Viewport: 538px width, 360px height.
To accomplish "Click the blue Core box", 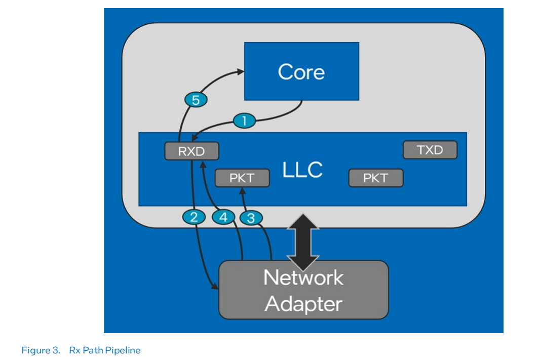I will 301,71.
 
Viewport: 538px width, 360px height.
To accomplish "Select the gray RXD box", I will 191,151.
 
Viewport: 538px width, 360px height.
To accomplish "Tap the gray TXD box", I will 430,150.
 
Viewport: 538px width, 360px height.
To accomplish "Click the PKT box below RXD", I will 242,178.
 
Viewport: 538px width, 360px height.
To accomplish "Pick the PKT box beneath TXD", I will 375,178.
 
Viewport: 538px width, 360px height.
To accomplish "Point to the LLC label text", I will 303,170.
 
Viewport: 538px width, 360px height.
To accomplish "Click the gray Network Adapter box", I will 303,290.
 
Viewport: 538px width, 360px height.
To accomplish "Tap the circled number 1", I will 245,121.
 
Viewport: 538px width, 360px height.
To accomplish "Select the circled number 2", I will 193,217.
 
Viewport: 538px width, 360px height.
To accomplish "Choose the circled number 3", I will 250,218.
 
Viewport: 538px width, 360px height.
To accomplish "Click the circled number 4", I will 222,217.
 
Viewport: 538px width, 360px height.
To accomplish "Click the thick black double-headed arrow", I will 303,243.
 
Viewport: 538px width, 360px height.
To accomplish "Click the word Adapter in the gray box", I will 303,304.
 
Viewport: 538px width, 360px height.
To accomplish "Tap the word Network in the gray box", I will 303,277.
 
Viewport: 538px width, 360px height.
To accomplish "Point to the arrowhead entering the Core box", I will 240,71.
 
